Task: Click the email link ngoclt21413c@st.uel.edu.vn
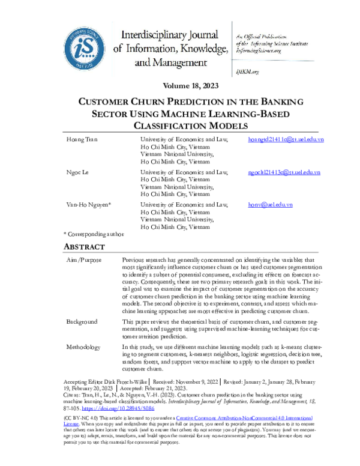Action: coord(284,172)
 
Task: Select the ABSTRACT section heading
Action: coord(84,247)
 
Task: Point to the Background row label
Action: coord(82,322)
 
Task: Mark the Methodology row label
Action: coord(84,347)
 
